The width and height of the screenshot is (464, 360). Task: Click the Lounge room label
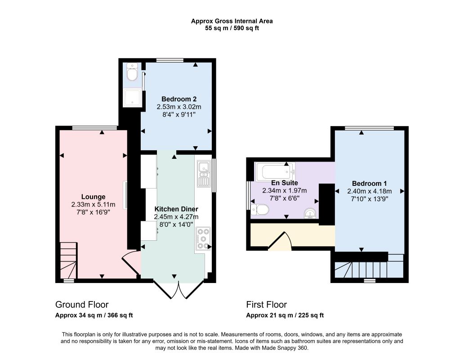(x=93, y=197)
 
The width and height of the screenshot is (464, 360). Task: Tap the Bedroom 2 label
(x=179, y=99)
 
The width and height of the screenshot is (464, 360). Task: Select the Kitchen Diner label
(x=176, y=209)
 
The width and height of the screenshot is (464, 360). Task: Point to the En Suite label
(x=284, y=183)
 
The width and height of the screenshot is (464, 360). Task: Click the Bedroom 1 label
(x=369, y=184)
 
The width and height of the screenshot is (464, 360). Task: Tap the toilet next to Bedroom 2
(x=132, y=72)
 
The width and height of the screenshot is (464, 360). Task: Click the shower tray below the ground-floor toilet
(x=132, y=98)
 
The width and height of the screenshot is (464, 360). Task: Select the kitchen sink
(x=204, y=174)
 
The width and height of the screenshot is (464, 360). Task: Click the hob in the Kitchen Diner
(x=203, y=238)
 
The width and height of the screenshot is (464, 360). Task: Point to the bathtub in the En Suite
(x=275, y=172)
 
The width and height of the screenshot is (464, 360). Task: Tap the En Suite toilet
(x=259, y=210)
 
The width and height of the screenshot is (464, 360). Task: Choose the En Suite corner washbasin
(x=310, y=213)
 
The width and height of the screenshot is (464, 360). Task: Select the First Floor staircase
(x=369, y=266)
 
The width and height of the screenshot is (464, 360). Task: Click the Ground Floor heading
(x=82, y=305)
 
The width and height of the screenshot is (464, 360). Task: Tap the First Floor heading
(x=267, y=305)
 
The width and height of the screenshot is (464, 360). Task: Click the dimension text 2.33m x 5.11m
(x=93, y=205)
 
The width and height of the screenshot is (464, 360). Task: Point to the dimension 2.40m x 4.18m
(x=369, y=191)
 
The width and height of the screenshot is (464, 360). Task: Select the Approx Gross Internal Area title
(x=232, y=21)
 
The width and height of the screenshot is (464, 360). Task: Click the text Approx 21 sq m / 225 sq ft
(x=285, y=315)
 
